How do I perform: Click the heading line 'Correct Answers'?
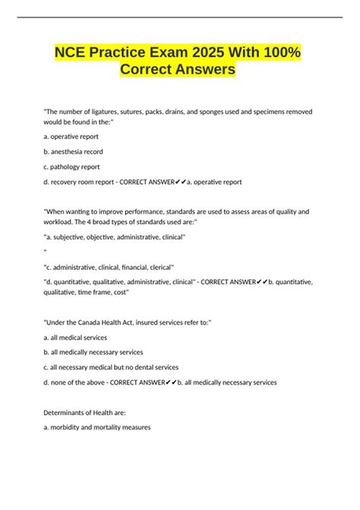[x=178, y=70]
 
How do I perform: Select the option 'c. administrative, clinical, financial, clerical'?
[x=109, y=267]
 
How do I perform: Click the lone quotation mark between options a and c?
[x=45, y=252]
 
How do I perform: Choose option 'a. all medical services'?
[x=76, y=337]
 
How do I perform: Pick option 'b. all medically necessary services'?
[x=93, y=352]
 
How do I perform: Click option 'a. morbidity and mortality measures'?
[x=97, y=427]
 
